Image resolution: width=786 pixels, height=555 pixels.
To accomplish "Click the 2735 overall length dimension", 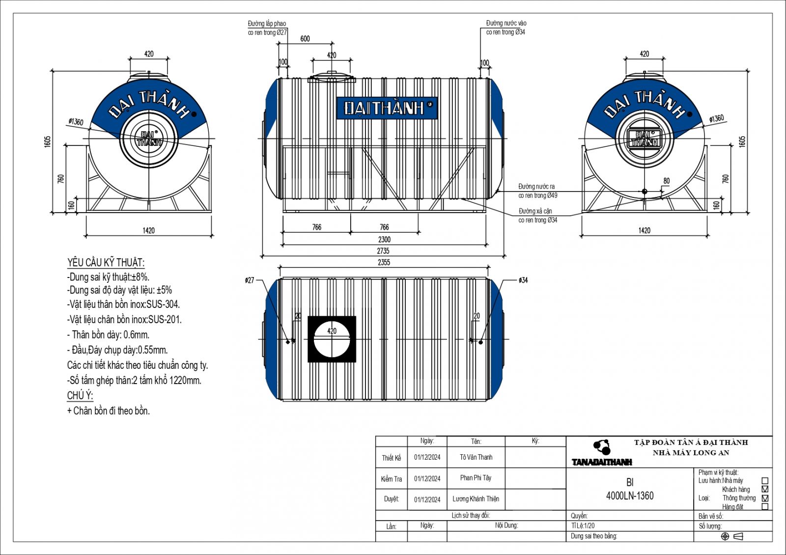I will pyautogui.click(x=383, y=251).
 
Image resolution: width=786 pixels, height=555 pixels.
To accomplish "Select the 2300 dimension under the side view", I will pyautogui.click(x=384, y=240).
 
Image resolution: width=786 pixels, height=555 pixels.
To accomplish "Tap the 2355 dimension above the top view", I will pyautogui.click(x=384, y=262).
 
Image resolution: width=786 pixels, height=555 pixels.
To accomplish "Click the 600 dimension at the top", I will pyautogui.click(x=305, y=39).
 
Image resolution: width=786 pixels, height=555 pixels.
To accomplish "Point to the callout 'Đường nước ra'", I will pyautogui.click(x=537, y=187).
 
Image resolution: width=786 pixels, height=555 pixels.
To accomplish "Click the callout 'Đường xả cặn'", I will pyautogui.click(x=535, y=211).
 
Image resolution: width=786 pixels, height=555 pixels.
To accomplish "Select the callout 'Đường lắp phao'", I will pyautogui.click(x=267, y=24).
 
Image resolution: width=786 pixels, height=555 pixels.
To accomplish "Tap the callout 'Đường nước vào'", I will pyautogui.click(x=506, y=23).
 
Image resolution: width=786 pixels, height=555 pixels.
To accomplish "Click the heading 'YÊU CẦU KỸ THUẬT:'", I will pyautogui.click(x=106, y=262).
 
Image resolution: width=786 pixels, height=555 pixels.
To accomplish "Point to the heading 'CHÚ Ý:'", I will pyautogui.click(x=80, y=395).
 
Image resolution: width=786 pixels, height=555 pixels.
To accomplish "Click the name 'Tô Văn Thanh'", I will pyautogui.click(x=476, y=457).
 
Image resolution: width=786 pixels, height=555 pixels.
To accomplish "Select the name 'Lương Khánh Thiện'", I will pyautogui.click(x=476, y=499).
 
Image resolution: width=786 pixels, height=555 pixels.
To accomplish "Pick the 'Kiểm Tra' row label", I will pyautogui.click(x=391, y=479).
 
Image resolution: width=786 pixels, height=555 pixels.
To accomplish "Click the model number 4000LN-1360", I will pyautogui.click(x=630, y=496).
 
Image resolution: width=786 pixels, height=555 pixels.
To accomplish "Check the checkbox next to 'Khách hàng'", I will pyautogui.click(x=765, y=489).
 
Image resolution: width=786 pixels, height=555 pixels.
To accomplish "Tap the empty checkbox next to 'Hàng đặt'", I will pyautogui.click(x=765, y=507).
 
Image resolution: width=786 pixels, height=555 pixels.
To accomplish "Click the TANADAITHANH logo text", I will pyautogui.click(x=602, y=462).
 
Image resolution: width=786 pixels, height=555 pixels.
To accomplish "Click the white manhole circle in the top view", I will pyautogui.click(x=332, y=339).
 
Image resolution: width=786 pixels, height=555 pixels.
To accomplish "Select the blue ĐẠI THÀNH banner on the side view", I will pyautogui.click(x=387, y=108).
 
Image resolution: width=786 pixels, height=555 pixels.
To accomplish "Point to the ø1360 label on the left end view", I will pyautogui.click(x=76, y=122).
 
